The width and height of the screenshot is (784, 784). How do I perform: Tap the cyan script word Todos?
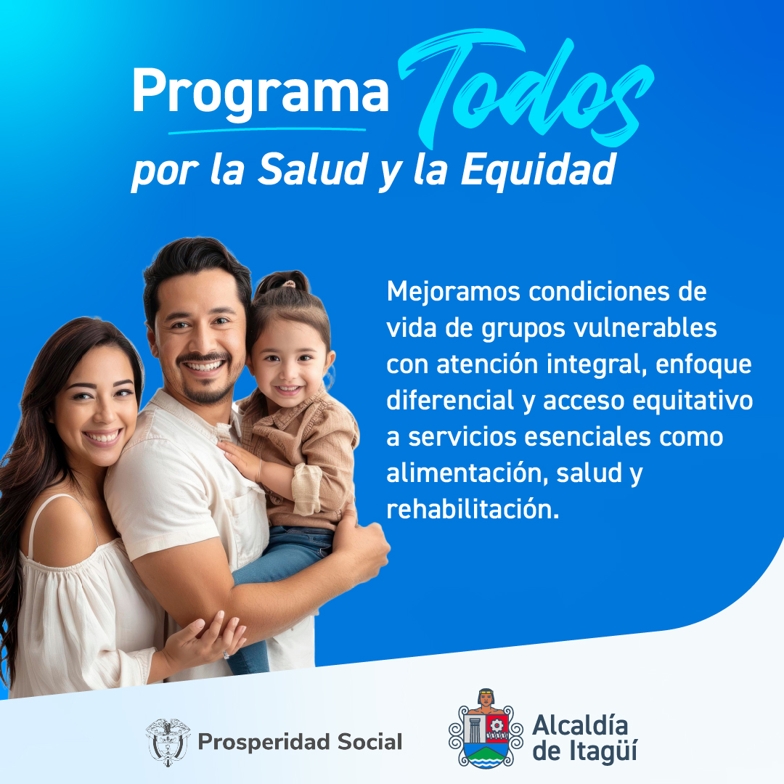[525, 90]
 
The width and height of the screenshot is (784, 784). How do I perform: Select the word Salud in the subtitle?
[313, 169]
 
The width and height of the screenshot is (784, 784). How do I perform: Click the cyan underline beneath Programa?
[267, 131]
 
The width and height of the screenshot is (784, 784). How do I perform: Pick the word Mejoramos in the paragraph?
[453, 292]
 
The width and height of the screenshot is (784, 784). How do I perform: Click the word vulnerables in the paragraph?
[645, 328]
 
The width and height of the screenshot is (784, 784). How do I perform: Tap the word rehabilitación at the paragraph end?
[473, 509]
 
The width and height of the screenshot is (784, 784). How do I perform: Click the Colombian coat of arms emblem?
[168, 742]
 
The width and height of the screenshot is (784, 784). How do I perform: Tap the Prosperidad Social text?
[300, 742]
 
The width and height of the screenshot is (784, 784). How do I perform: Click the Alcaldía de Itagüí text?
[584, 738]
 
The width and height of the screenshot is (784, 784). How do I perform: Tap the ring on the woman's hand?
[226, 655]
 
